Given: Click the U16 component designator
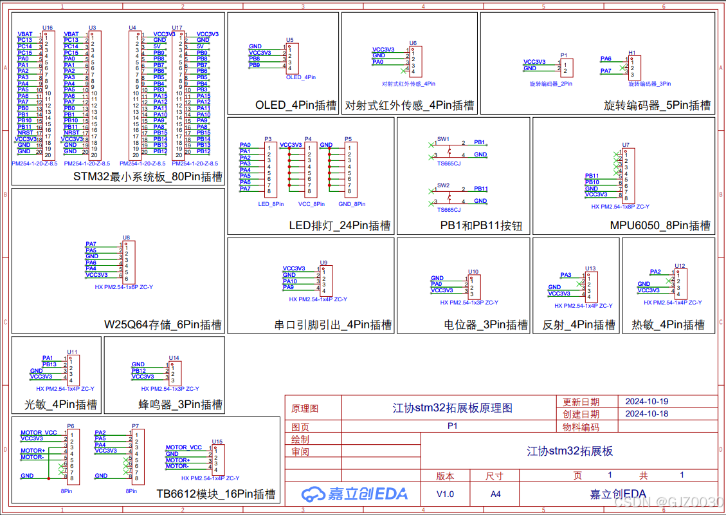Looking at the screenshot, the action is pos(48,28).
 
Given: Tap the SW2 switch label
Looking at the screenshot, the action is pos(443,185).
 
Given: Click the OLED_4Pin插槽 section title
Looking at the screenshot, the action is pos(296,105).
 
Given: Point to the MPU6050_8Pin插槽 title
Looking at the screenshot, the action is pos(660,225).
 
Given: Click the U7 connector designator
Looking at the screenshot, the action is pos(626,145).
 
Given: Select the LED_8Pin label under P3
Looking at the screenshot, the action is pos(271,204).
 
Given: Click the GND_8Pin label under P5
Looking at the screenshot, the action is pos(352,204).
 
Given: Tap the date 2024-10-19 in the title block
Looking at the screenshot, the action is pos(647,401).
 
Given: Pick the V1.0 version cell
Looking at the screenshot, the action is pos(445,494).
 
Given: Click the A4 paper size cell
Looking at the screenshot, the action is pos(495,494).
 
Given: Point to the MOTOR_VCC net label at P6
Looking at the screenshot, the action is pos(39,433).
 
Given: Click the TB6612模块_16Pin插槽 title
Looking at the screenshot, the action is pos(216,494).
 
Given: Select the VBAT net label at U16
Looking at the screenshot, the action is pos(25,34).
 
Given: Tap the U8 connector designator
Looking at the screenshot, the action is pos(126,238).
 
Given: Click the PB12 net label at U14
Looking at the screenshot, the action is pos(139,371).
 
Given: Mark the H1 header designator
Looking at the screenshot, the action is pos(631,53).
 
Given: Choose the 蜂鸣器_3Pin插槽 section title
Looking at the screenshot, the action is pos(181,405).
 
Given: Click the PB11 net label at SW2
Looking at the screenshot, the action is pos(480,189).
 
